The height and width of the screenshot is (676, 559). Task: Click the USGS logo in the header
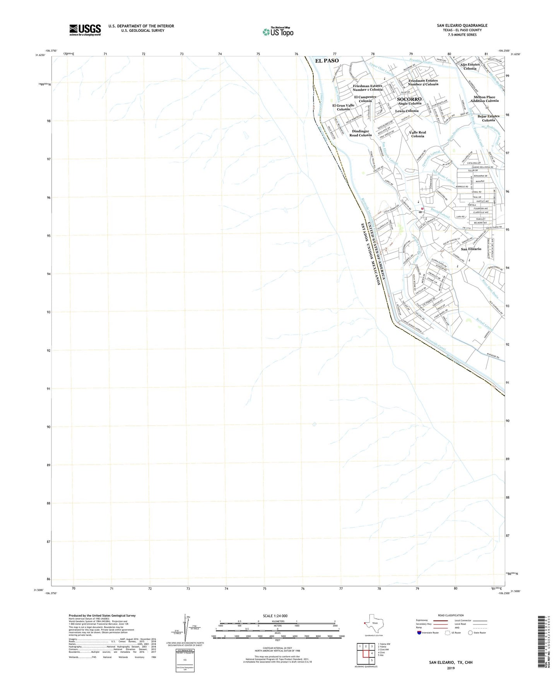(x=85, y=30)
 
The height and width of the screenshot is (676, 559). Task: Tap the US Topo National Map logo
(x=277, y=32)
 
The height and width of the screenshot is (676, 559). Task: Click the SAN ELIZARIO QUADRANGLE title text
(x=462, y=26)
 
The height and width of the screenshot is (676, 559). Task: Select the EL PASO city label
(x=327, y=61)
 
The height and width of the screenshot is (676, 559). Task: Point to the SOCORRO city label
(x=409, y=99)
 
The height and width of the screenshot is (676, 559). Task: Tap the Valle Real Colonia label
(x=417, y=134)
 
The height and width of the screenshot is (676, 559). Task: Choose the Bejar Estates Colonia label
(x=488, y=118)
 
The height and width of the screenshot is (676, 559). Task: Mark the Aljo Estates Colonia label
(x=470, y=67)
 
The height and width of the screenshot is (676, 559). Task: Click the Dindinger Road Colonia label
(x=360, y=133)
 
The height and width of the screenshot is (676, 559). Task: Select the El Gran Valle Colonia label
(x=343, y=107)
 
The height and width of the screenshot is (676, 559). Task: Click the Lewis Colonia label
(x=407, y=111)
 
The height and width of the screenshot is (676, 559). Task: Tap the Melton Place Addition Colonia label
(x=484, y=99)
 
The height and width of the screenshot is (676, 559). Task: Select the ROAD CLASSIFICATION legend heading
(x=451, y=615)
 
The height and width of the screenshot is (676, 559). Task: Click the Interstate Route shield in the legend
(x=419, y=633)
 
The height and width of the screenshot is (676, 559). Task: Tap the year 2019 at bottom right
(x=450, y=668)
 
